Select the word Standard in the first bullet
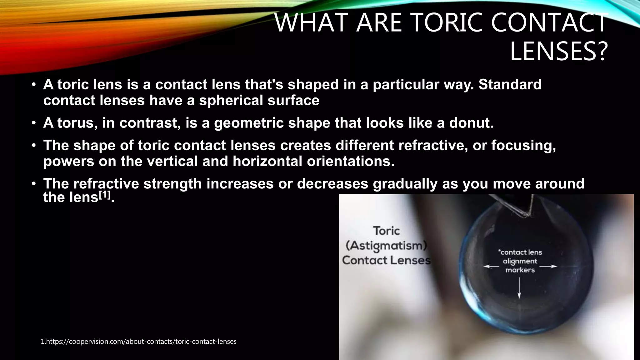(x=510, y=85)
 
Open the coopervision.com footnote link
(x=139, y=342)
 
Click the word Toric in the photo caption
(x=387, y=231)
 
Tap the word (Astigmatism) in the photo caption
(x=386, y=246)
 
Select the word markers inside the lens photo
(x=520, y=270)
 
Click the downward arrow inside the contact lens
(x=519, y=288)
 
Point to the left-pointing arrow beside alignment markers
(x=491, y=267)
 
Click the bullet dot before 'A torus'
(x=33, y=123)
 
